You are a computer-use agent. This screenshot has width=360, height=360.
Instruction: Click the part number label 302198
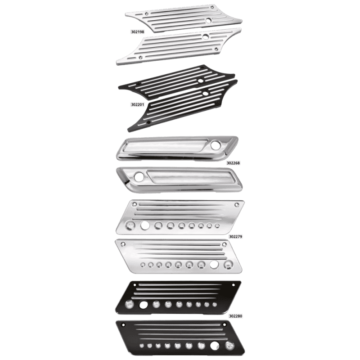pyautogui.click(x=138, y=32)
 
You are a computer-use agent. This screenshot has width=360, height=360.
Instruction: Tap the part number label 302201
pyautogui.click(x=138, y=105)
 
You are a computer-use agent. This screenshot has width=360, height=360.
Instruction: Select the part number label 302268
pyautogui.click(x=233, y=163)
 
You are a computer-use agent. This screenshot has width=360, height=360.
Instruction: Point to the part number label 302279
pyautogui.click(x=235, y=237)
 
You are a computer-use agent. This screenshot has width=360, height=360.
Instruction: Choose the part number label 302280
pyautogui.click(x=235, y=316)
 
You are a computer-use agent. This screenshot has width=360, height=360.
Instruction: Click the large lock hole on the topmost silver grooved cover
pyautogui.click(x=208, y=20)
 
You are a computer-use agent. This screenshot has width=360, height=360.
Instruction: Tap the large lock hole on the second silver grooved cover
pyautogui.click(x=206, y=36)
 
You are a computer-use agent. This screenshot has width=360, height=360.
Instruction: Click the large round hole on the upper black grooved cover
pyautogui.click(x=201, y=81)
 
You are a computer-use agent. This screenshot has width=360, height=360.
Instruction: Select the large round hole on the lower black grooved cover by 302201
pyautogui.click(x=205, y=93)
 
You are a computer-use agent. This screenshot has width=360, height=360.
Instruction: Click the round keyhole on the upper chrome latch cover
pyautogui.click(x=216, y=144)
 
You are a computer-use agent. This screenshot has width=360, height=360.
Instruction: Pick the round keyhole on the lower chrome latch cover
pyautogui.click(x=139, y=176)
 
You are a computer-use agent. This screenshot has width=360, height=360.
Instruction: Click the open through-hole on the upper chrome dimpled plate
pyautogui.click(x=145, y=225)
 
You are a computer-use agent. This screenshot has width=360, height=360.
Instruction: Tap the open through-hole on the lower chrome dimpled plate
pyautogui.click(x=214, y=265)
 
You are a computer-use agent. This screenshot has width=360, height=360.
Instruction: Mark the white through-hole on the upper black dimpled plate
pyautogui.click(x=144, y=305)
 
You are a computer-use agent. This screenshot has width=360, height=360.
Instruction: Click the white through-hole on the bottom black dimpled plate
pyautogui.click(x=215, y=346)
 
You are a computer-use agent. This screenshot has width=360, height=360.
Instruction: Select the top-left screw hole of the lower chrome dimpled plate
pyautogui.click(x=123, y=244)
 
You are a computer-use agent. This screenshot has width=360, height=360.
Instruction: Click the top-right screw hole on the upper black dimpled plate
pyautogui.click(x=234, y=285)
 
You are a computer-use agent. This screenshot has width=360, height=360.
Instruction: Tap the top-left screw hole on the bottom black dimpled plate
pyautogui.click(x=123, y=325)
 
